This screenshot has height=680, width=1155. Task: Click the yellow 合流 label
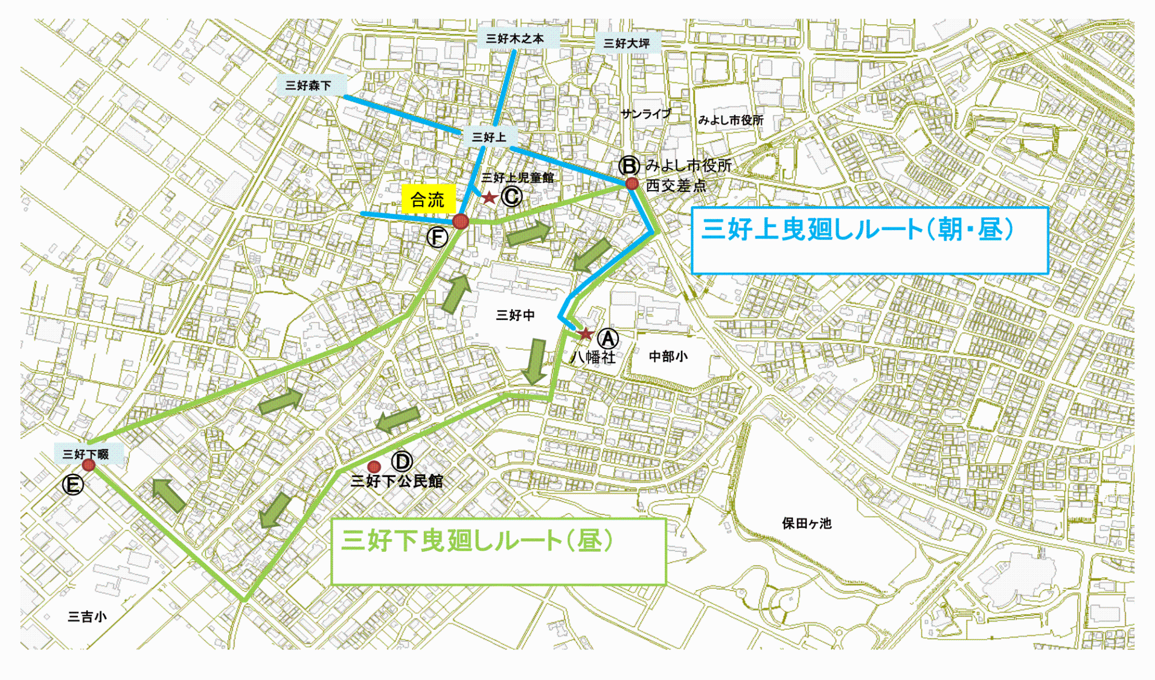coord(428,200)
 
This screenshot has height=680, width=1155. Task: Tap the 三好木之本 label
coord(515,39)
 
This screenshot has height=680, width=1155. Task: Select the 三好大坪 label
coord(627,43)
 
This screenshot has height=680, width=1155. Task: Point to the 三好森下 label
coord(308,86)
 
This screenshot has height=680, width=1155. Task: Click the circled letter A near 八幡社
coord(608,339)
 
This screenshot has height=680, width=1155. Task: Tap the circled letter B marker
coord(629,166)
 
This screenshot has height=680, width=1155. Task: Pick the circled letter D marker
coord(402,462)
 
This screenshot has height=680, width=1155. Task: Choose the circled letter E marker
coord(73,484)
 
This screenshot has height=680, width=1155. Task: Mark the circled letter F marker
coord(437,237)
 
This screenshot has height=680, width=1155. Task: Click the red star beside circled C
coord(490,198)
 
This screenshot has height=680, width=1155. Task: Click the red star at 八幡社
coord(586,334)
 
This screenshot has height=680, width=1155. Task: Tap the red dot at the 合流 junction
coord(460,221)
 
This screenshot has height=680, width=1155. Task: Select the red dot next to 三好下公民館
coord(374,467)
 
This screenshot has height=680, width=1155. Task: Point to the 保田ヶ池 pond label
coord(806,523)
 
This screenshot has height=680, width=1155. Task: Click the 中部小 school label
coord(668,356)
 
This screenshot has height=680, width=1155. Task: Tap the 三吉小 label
coord(87,617)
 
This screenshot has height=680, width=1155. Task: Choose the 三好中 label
coord(515,315)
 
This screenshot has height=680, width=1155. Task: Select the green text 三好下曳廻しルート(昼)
coord(477,541)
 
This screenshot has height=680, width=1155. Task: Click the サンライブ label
coord(646,114)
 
